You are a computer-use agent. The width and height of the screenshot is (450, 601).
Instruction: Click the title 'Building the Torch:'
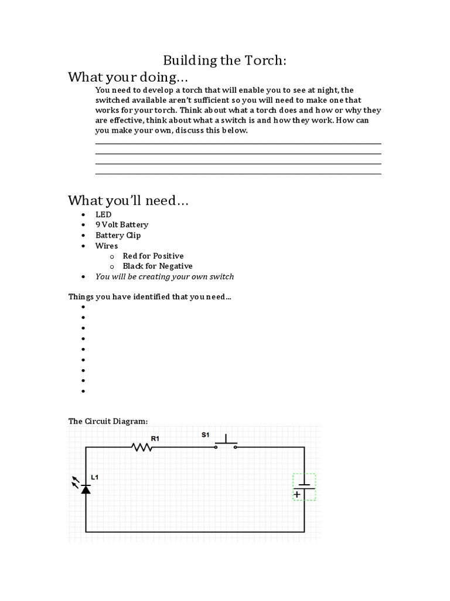pyautogui.click(x=224, y=60)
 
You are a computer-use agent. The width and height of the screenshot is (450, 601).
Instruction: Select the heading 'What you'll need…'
pyautogui.click(x=128, y=201)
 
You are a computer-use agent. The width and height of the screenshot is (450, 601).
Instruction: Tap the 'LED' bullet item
pyautogui.click(x=103, y=215)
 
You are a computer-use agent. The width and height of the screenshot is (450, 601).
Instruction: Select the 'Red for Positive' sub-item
pyautogui.click(x=153, y=256)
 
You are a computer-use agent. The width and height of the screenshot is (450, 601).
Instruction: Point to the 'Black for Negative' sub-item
pyautogui.click(x=157, y=266)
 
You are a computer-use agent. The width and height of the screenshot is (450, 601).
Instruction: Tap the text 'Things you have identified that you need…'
pyautogui.click(x=149, y=297)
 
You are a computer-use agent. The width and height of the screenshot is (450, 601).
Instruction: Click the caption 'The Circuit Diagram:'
pyautogui.click(x=108, y=421)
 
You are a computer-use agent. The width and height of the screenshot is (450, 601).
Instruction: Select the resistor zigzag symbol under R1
pyautogui.click(x=143, y=447)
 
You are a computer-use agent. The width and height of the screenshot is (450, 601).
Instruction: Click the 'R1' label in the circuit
pyautogui.click(x=155, y=438)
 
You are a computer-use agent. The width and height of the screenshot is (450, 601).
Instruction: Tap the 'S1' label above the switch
pyautogui.click(x=205, y=435)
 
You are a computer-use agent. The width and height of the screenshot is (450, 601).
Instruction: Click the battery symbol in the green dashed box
pyautogui.click(x=304, y=487)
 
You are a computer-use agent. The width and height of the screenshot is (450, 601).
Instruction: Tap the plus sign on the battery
pyautogui.click(x=297, y=494)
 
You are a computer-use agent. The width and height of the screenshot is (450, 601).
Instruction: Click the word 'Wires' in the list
pyautogui.click(x=107, y=246)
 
